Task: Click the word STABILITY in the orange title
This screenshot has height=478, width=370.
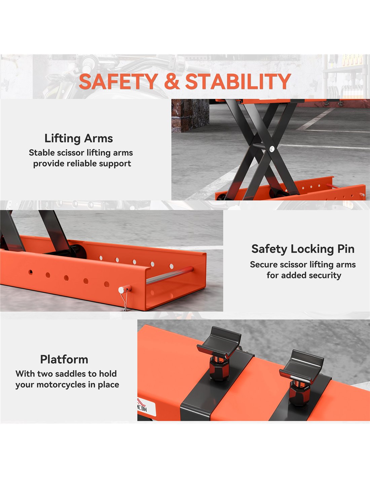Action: tap(238, 81)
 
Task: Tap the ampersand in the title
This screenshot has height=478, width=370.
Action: tap(172, 81)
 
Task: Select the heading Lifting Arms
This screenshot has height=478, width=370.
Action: tap(79, 138)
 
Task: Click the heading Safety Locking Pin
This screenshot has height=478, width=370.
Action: tap(303, 249)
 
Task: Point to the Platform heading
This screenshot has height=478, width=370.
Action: tap(64, 359)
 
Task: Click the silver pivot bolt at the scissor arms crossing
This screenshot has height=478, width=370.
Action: tap(272, 148)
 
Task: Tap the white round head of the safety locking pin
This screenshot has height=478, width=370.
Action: tap(121, 290)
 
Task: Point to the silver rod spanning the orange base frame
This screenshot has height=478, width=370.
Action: tap(170, 275)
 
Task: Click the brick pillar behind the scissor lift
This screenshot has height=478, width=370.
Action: tap(190, 116)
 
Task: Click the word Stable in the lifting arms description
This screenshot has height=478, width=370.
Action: tap(41, 153)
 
